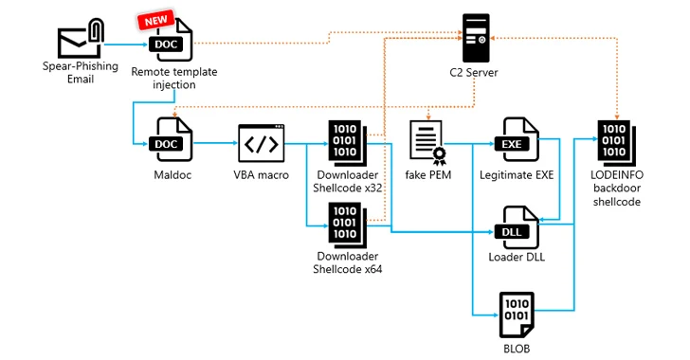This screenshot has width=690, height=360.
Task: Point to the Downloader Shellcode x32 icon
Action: click(x=346, y=143)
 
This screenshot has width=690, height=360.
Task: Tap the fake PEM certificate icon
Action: click(x=427, y=143)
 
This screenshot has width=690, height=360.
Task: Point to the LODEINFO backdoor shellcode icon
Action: click(x=617, y=143)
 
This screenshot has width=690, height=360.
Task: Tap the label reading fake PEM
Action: click(x=428, y=175)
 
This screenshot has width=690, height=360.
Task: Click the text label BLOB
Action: click(x=517, y=349)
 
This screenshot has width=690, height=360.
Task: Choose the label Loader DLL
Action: click(x=517, y=257)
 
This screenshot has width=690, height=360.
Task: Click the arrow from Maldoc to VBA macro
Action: click(x=215, y=143)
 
